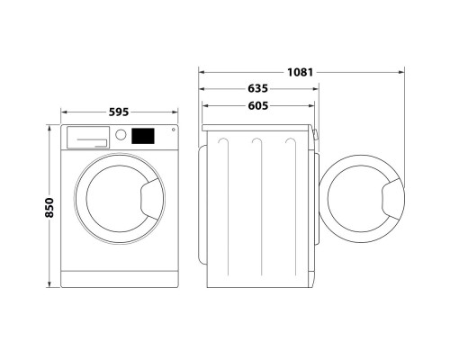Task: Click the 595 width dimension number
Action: pos(119,112)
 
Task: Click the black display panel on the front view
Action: pos(143,137)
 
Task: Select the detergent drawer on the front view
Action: pos(87,136)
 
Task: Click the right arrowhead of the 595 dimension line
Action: pos(175,112)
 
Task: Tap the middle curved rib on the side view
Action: pos(257,143)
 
